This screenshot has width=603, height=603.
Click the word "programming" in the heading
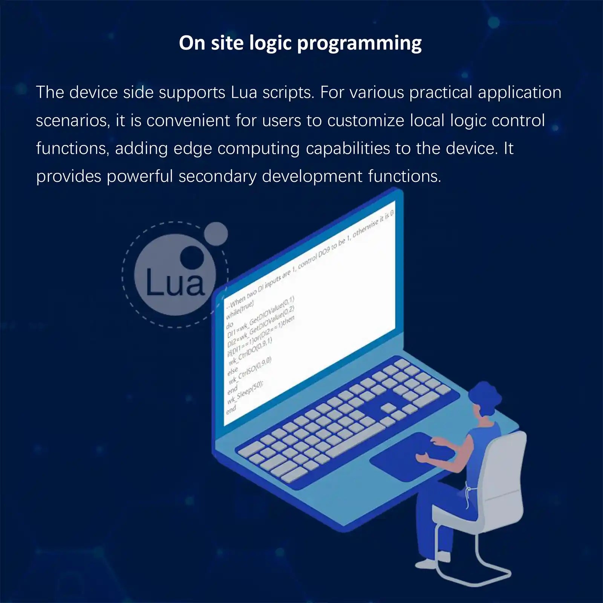(x=359, y=43)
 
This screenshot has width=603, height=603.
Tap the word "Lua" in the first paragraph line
(x=244, y=93)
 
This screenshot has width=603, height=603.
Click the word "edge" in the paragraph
(x=192, y=149)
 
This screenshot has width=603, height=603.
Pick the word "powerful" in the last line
(x=140, y=176)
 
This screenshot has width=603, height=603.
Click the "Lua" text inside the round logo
(x=174, y=283)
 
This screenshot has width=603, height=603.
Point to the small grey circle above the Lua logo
(x=216, y=234)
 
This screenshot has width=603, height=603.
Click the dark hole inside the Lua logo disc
(x=192, y=258)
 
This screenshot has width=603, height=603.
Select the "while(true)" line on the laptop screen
(x=240, y=309)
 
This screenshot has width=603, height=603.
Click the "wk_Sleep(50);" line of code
(x=245, y=392)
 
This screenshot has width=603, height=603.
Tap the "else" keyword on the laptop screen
(x=233, y=370)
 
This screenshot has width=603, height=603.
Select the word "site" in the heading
(x=227, y=43)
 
